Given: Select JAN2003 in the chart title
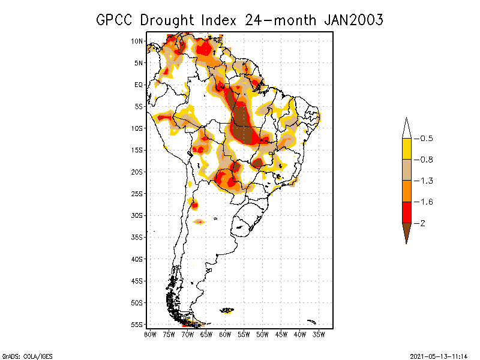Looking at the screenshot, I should pos(353,19).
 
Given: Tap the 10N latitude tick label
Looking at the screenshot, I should pos(137,41).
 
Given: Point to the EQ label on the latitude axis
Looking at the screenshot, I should pos(139,85).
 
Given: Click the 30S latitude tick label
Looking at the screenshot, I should pos(137,215).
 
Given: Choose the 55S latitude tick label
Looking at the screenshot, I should pos(137,325).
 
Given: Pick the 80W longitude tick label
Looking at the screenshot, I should pos(150,334).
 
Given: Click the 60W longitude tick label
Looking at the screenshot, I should pos(225,334).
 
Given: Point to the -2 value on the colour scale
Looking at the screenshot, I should pos(422,223).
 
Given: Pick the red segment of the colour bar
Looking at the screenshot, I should pos(406,212).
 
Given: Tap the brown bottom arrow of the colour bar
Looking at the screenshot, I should pos(406,231).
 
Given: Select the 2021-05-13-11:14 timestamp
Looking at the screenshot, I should pos(439,356).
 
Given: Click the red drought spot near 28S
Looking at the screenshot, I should pos(194,206).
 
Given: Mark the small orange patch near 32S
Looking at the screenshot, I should pos(199,222).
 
